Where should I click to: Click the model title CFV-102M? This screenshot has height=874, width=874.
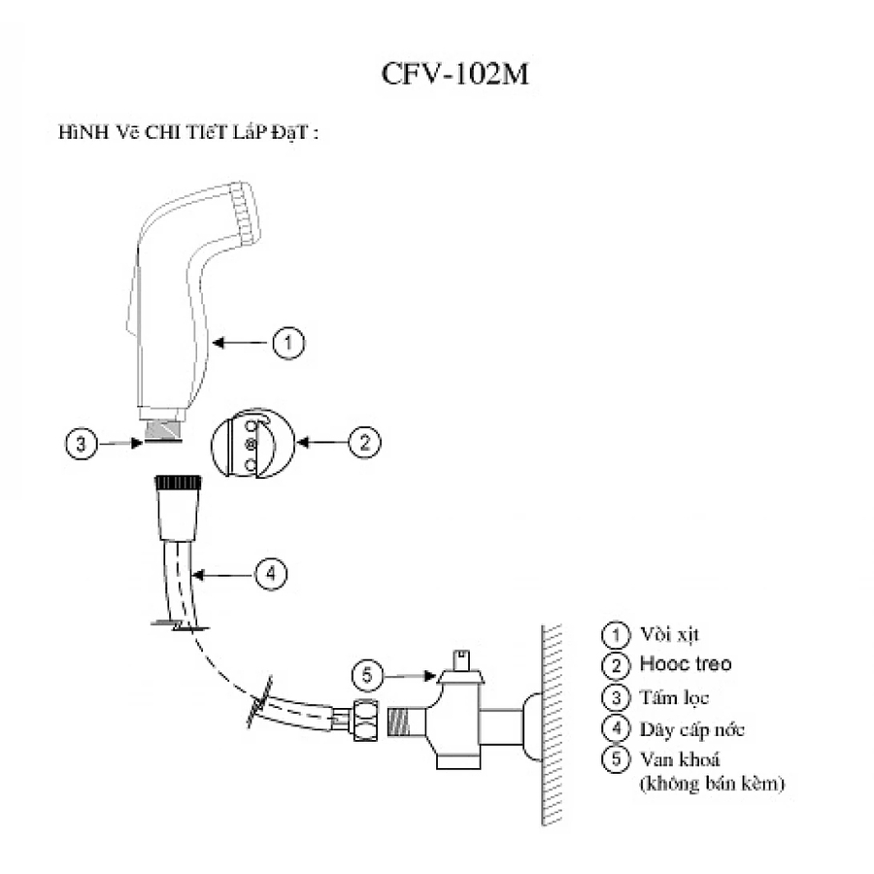[455, 76]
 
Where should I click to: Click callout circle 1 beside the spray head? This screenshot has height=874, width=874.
[288, 342]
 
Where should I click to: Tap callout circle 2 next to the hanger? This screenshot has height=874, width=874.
[364, 443]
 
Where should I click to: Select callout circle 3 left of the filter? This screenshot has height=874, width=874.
[82, 444]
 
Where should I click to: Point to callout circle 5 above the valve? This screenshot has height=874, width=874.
[366, 672]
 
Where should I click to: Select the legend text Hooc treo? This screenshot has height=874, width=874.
[685, 665]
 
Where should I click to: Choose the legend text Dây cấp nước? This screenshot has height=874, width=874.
[692, 728]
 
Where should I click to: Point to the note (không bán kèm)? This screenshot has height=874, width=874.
[712, 783]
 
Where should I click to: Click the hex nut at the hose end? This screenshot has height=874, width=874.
[365, 721]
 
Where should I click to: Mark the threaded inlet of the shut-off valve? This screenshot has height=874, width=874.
[403, 722]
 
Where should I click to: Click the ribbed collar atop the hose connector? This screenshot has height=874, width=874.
[178, 482]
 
